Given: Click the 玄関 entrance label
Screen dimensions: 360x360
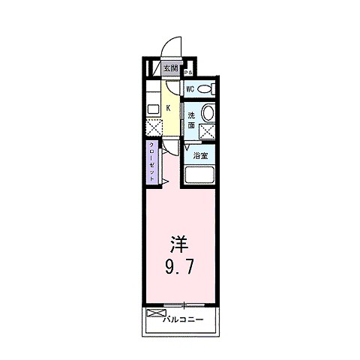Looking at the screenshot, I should pos(171,70).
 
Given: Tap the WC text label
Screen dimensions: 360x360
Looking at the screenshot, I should pos(191,89).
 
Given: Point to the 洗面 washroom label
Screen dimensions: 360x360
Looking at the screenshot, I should pos(193,121).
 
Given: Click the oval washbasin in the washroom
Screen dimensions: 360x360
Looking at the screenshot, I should pos(209,115).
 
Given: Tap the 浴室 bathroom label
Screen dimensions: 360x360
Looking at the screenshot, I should pos(201,156).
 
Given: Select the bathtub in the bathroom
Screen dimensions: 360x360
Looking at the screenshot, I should pos(200,177).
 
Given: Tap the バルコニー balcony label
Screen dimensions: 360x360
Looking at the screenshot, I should pos(183,320).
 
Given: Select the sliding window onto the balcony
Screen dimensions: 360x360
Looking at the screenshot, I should pos(183,304).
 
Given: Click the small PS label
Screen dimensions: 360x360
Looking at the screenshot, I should pos(190,72).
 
